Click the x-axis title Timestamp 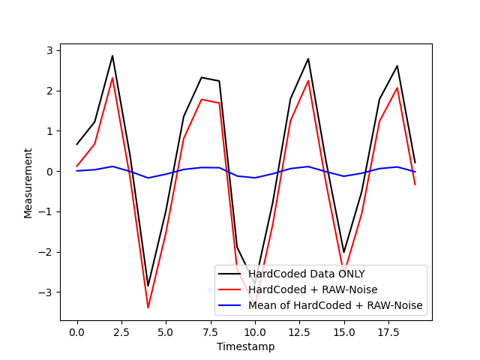click(245, 346)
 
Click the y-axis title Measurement click(28, 183)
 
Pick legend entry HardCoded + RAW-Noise click(313, 289)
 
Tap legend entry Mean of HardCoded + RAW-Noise click(335, 305)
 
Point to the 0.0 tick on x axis click(76, 331)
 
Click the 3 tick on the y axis click(49, 50)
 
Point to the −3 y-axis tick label click(46, 292)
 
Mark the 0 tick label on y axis click(49, 171)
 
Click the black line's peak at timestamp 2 click(112, 55)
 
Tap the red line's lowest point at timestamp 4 click(148, 307)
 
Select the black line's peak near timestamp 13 click(308, 58)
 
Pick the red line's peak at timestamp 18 click(397, 88)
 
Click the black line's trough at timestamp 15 click(344, 252)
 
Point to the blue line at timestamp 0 click(76, 171)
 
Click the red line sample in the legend click(231, 289)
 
